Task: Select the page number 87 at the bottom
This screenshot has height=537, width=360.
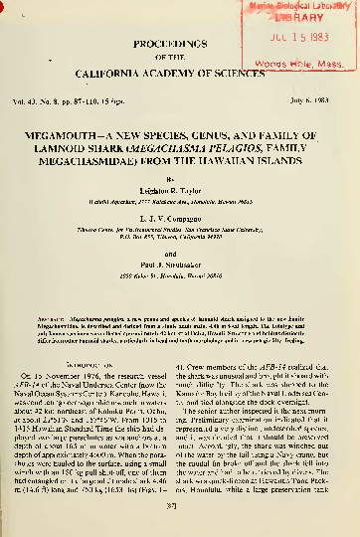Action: pos(179,515)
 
